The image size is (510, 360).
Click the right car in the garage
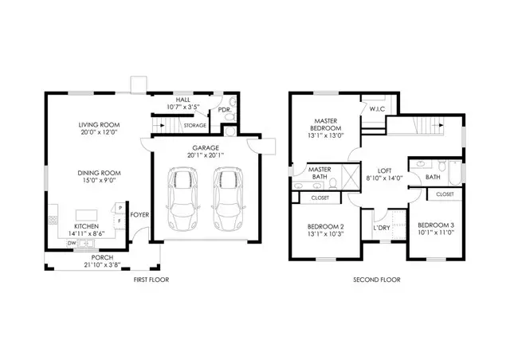(228, 200)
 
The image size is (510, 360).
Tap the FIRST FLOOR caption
(150, 280)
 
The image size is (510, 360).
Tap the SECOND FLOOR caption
(376, 280)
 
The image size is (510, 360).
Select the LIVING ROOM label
(99, 125)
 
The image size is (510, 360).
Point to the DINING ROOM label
(99, 173)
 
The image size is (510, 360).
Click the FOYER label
(139, 214)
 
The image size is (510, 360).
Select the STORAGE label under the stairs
(195, 125)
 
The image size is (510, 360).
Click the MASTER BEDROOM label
(324, 123)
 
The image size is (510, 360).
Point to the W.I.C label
(377, 109)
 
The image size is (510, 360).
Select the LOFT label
(384, 170)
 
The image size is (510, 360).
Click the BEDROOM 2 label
(325, 227)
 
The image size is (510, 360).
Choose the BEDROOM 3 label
(436, 224)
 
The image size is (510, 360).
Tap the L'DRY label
(381, 228)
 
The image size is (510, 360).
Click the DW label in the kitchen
(71, 243)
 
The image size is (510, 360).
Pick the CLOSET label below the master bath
(320, 197)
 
